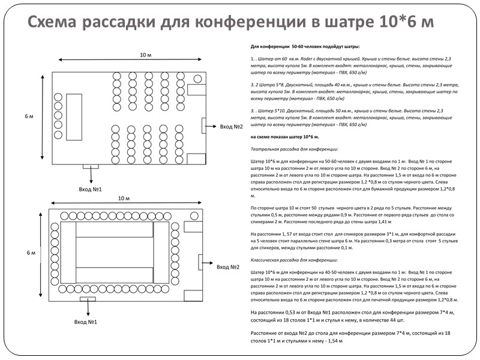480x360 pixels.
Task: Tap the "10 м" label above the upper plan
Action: (x=146, y=55)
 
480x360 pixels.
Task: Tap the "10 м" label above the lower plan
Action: (x=124, y=198)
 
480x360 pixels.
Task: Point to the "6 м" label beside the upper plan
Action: (x=29, y=116)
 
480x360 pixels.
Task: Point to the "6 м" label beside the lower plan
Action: (x=32, y=253)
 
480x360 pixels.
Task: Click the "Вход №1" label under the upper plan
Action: (x=90, y=189)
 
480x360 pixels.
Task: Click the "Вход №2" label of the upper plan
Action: (x=231, y=127)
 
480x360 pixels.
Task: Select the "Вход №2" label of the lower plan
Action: (x=228, y=267)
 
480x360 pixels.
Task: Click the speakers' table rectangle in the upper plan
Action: (x=74, y=116)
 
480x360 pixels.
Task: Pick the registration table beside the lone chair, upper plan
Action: (x=196, y=90)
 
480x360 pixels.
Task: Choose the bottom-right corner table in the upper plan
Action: (x=196, y=159)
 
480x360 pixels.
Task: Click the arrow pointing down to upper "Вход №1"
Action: (x=90, y=175)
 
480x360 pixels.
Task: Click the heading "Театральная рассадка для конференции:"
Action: (x=294, y=148)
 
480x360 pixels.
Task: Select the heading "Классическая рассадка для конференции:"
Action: (x=294, y=260)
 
